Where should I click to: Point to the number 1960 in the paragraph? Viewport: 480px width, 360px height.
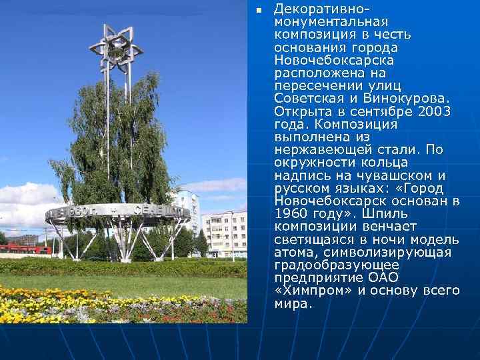point(292,213)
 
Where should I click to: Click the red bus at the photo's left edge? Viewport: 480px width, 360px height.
point(23,249)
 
